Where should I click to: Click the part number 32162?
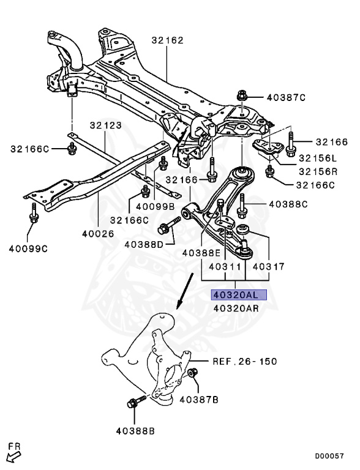tap(167, 41)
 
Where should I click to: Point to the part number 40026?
tap(98, 233)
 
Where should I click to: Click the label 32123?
tap(105, 125)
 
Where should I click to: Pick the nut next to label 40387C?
tap(241, 95)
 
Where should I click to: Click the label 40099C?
tap(28, 248)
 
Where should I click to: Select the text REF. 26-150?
tap(244, 361)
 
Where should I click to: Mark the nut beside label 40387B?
tap(192, 374)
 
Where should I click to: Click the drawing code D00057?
tap(329, 456)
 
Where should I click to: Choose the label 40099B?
tap(156, 207)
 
